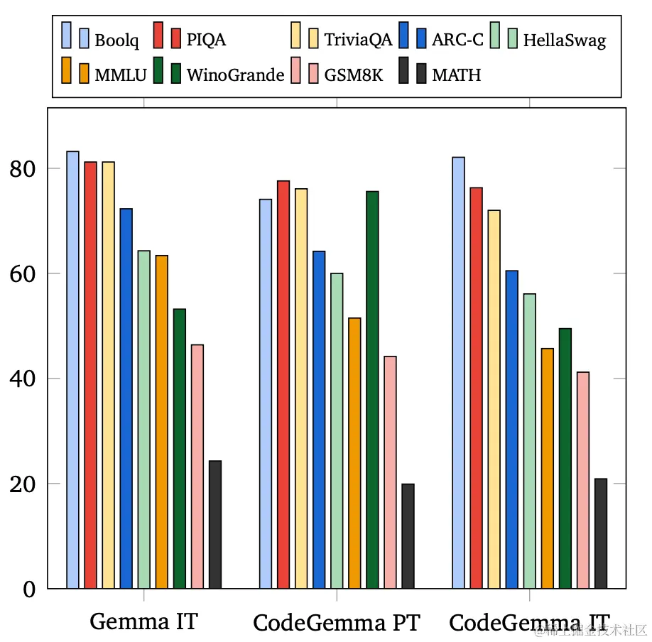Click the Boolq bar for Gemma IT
pos(72,369)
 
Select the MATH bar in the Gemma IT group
pos(214,524)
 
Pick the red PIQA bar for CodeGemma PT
pos(283,384)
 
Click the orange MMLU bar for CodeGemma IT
pos(547,468)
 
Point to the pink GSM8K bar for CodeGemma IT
pos(583,480)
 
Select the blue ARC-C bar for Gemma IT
pos(126,398)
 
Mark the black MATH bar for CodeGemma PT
pos(408,535)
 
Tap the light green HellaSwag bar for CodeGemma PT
pos(337,430)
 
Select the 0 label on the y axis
pos(28,589)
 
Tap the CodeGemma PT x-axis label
pos(337,623)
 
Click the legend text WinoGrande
pos(235,75)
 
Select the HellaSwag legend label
pos(565,40)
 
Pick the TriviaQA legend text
pos(358,39)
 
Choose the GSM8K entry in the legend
pos(353,75)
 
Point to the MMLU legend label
pos(121,75)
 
